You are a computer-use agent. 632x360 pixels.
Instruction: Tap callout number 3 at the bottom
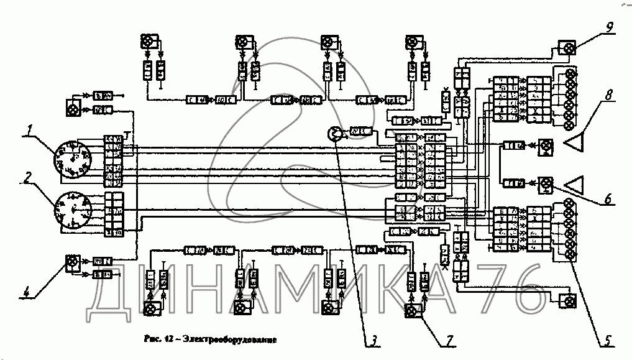(375, 339)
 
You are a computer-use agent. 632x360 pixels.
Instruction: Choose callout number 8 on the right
(610, 96)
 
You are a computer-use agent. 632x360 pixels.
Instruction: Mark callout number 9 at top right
(610, 26)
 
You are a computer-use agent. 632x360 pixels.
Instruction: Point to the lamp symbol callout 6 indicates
(546, 183)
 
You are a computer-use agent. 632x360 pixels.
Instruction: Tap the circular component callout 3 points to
(334, 134)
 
